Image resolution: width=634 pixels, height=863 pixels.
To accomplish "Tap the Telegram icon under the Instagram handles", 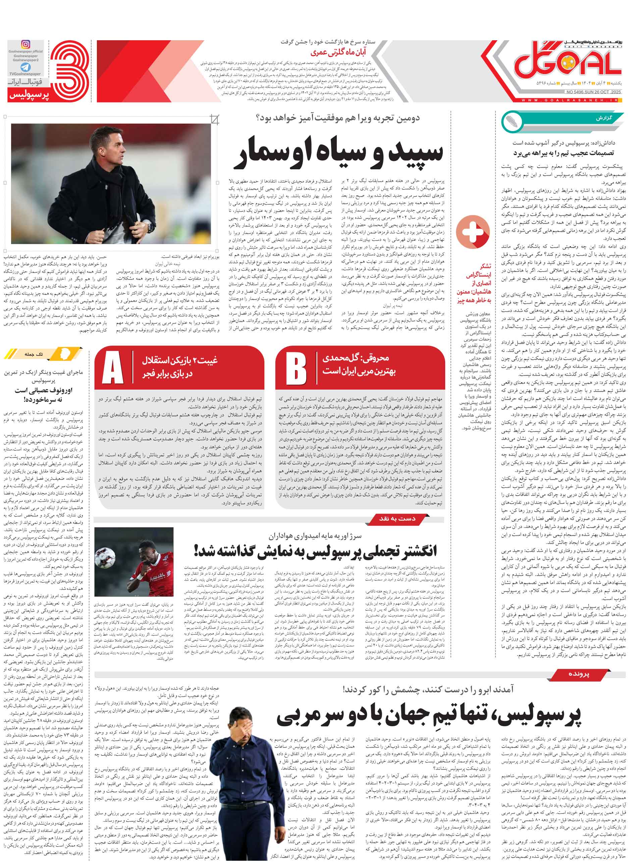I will coord(25,67).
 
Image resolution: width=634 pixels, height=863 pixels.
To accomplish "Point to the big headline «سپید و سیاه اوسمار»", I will coord(338,153).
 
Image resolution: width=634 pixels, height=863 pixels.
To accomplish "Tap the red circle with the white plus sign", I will coord(472,232).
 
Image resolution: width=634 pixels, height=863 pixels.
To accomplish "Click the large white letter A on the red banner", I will coord(113,368).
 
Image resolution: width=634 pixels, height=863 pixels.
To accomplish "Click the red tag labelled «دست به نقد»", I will coord(397,519).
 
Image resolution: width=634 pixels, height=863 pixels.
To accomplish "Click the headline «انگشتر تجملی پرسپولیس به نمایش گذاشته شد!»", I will coord(315,551).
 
